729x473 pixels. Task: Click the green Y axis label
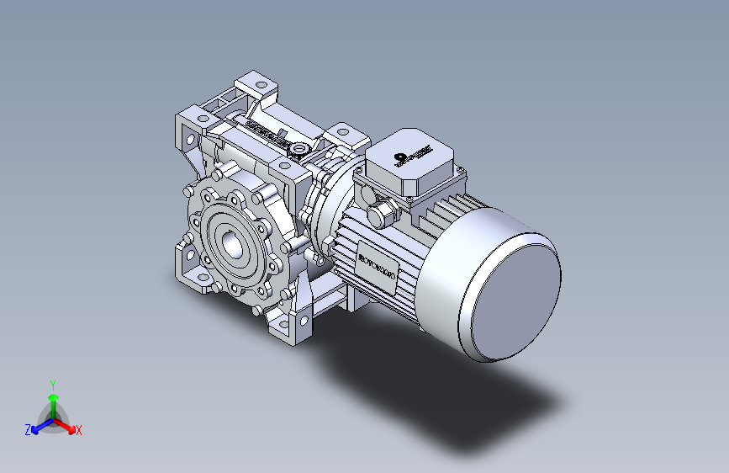click(52, 383)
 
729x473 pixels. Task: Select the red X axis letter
click(79, 430)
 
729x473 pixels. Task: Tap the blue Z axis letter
click(28, 430)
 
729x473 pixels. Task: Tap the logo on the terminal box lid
click(409, 157)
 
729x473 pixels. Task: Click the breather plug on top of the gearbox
click(297, 149)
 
